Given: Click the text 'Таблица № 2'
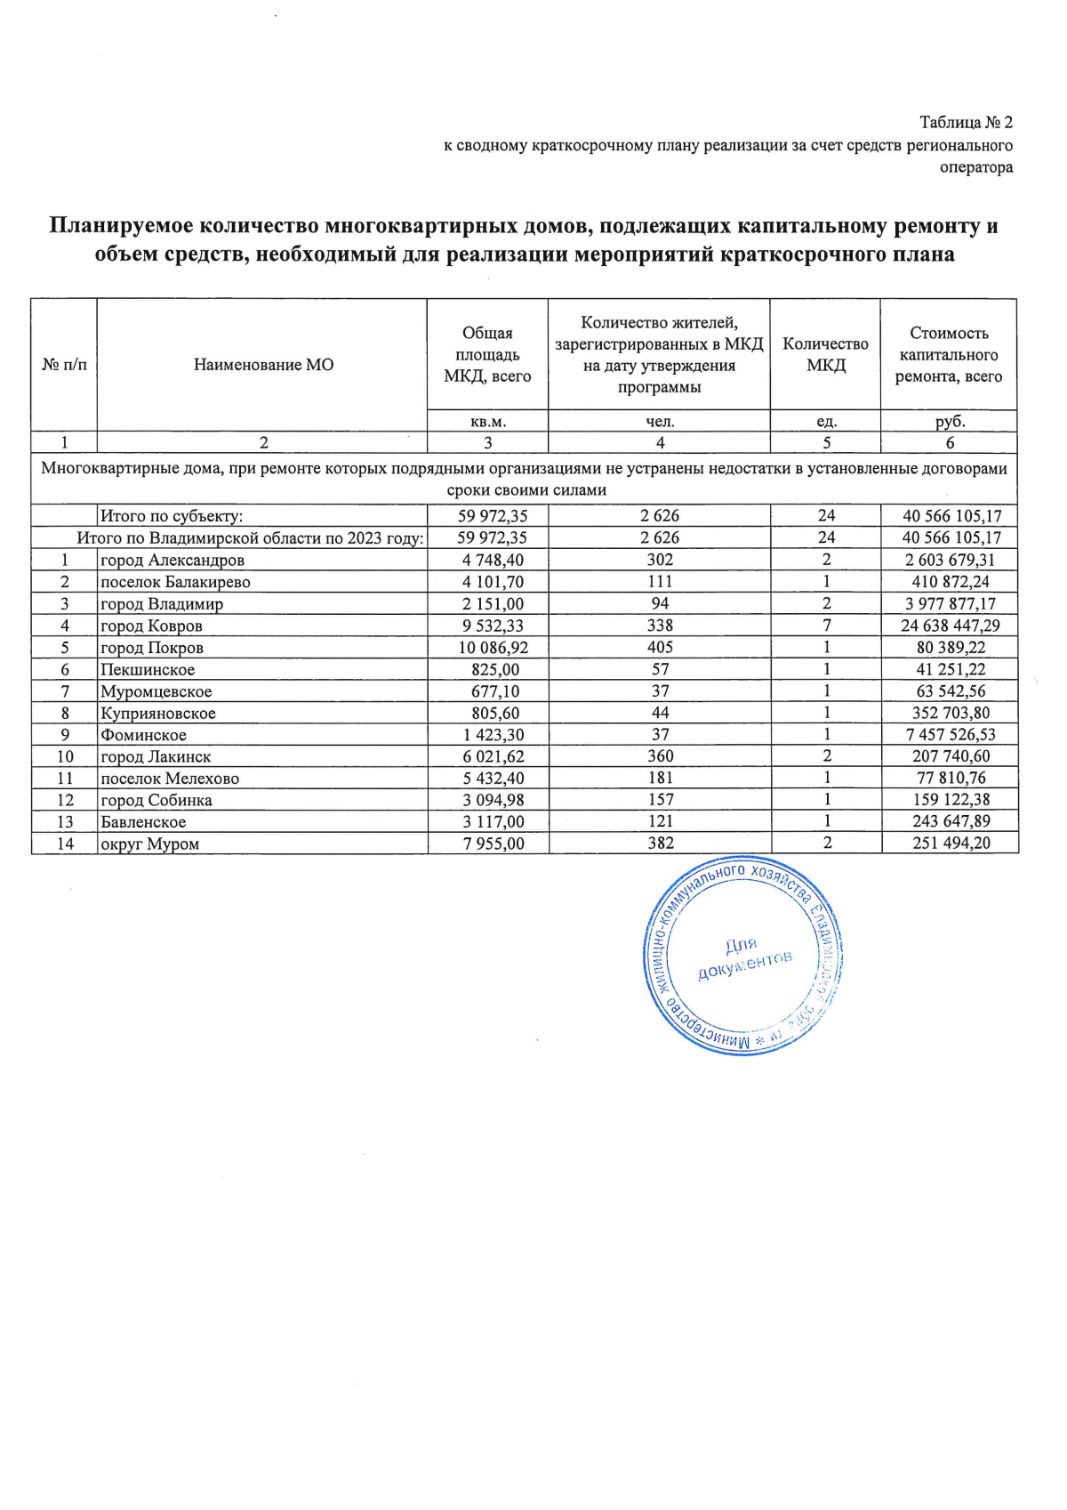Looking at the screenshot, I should point(966,123).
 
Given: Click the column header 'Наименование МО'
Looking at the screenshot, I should point(263,365).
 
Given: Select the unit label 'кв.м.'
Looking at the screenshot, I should point(487,422).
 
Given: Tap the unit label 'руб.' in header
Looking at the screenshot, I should point(950,422).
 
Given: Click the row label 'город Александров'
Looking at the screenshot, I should point(172,561).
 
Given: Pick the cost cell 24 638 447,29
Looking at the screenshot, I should point(950,626).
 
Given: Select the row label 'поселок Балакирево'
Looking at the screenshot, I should point(175,583).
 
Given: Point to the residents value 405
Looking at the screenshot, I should point(660,647).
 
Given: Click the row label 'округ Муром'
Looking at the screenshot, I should point(149,844).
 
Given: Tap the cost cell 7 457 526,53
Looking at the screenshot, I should point(950,735).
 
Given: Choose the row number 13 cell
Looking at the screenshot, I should point(65,822).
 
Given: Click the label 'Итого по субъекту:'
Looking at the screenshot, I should point(172,516).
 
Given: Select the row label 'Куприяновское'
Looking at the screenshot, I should point(158,714).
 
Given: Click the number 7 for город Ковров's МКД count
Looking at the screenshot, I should point(826,626).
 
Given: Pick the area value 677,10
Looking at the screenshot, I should point(494,691).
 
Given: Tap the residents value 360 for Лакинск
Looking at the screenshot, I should point(660,756).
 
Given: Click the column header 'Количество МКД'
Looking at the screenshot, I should point(825,355).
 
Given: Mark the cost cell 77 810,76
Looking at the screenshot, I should point(951,779).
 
